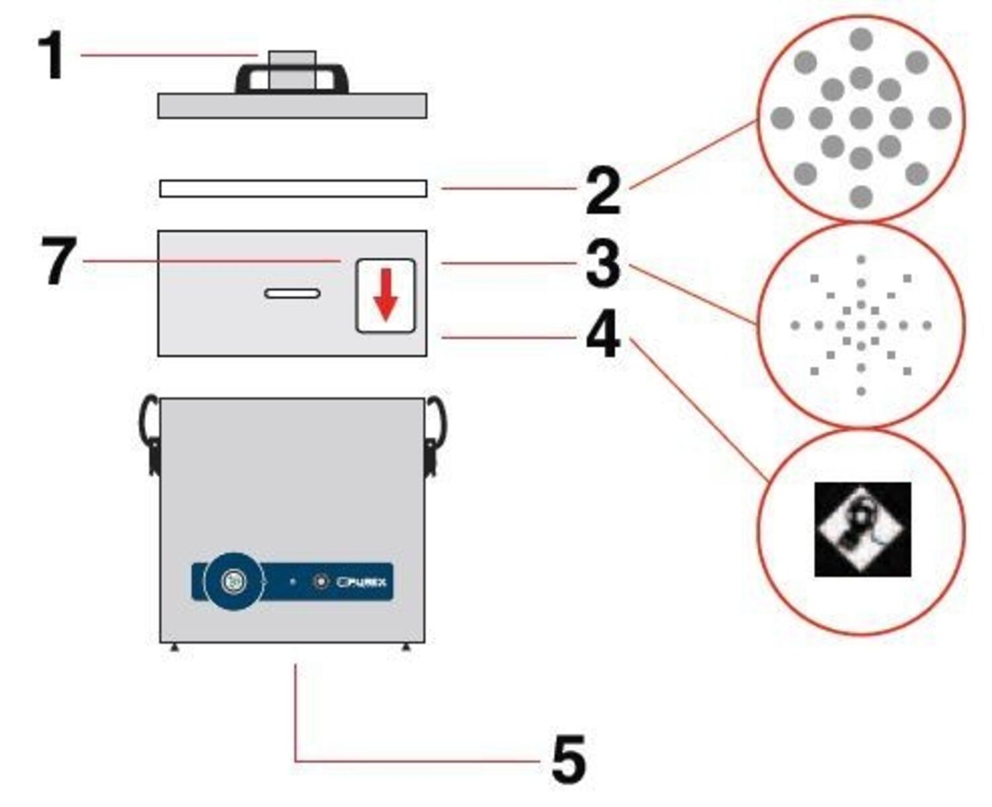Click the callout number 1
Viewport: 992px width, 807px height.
point(52,56)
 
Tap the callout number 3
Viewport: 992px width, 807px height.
point(602,263)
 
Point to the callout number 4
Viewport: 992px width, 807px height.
point(602,336)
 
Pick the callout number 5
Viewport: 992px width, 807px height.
point(568,760)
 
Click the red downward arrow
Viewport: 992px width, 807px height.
point(386,295)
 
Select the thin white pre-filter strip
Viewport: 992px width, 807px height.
point(293,189)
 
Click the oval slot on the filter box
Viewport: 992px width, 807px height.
point(292,293)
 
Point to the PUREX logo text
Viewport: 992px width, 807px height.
point(362,582)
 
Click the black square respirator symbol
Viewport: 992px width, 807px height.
point(862,529)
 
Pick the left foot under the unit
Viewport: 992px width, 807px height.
point(174,648)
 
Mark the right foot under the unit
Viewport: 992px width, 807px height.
point(406,648)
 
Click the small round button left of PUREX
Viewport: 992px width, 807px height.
point(321,581)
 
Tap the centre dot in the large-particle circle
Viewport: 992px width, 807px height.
point(860,119)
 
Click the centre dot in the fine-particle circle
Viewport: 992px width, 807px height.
point(860,325)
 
